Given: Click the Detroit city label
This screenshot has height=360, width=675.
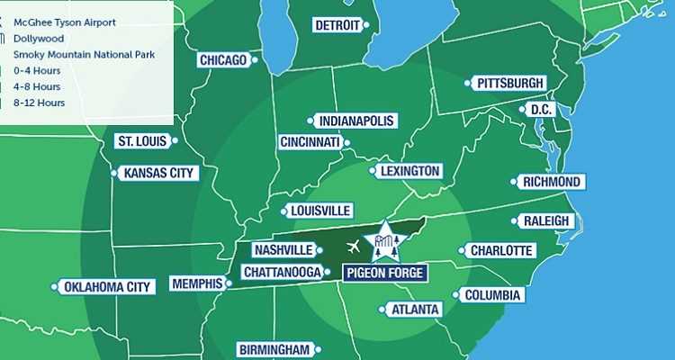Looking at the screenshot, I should (337, 25).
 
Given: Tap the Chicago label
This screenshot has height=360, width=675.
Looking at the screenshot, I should (223, 60).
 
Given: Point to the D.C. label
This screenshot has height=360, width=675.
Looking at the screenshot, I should (540, 109).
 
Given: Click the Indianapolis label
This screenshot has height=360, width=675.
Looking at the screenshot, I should (356, 121).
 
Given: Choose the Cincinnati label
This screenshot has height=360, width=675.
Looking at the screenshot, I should (310, 142).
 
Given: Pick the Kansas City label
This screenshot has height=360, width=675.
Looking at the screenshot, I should (158, 173).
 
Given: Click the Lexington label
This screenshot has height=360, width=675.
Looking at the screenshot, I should (409, 171).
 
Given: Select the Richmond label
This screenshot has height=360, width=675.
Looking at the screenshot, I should (552, 182).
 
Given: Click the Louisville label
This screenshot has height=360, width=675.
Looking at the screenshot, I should (320, 211).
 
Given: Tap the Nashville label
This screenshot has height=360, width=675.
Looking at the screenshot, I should (283, 249).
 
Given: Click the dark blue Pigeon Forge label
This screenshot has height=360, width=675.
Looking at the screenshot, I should (384, 273).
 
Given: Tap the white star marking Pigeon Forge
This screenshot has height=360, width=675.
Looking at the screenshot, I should (384, 240).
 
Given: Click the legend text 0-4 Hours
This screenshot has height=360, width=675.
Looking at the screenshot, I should (38, 70).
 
